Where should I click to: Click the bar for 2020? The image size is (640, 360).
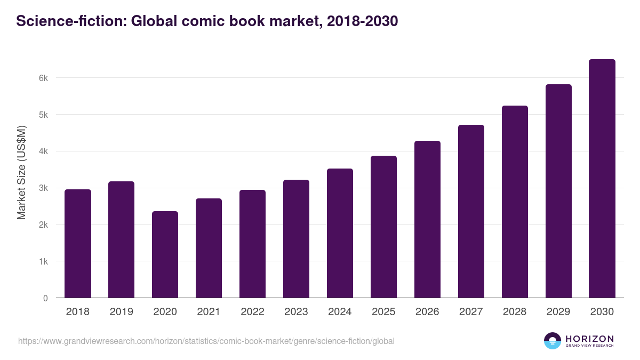pos(165,255)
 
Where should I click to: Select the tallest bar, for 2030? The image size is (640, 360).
pos(602,179)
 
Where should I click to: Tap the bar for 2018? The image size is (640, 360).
pos(78,244)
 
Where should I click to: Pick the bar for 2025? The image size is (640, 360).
pos(383,227)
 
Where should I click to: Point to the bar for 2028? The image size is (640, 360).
pos(515,202)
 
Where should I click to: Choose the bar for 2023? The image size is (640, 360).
pos(296,239)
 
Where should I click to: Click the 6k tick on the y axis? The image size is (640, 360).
pos(43,78)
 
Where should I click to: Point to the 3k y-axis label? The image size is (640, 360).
pos(43,188)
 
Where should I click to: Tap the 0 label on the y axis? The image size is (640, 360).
pos(45,298)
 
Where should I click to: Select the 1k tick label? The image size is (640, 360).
pos(43,262)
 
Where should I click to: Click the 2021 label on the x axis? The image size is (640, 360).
pos(209,312)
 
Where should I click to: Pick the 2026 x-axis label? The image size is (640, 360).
pos(427,312)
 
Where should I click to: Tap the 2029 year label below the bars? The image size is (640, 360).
pos(558,312)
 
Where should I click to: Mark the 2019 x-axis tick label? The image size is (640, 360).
pos(121,312)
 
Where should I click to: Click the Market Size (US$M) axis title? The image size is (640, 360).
pos(22,173)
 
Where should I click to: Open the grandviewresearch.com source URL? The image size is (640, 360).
pos(206,341)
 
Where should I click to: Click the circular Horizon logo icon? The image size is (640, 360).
pos(553,341)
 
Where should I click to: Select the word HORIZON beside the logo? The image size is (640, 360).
pos(589,338)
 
